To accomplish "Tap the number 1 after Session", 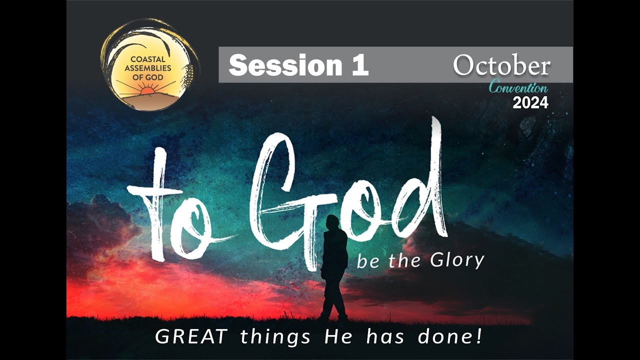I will point(359,65).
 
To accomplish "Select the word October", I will point(501,66).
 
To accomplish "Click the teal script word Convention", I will point(518,88).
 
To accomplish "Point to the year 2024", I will point(530,103).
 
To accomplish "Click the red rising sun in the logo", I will point(148,91).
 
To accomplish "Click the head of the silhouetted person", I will point(332,222).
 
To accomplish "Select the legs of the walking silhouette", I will point(333,300).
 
